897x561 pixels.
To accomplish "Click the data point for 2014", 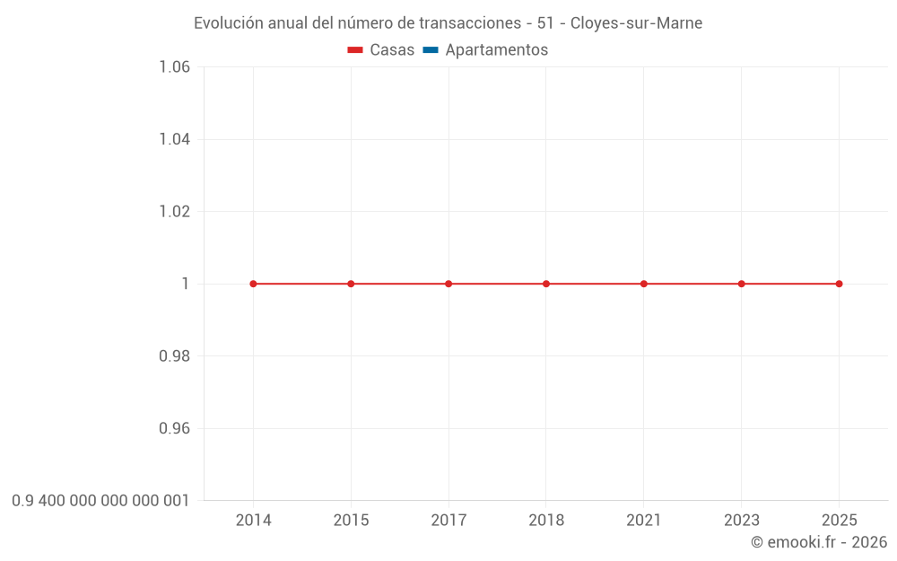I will coord(253,284).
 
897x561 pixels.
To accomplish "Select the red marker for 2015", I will coord(351,284).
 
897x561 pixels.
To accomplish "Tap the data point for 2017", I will coord(448,284).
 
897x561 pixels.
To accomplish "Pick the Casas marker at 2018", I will coord(546,284).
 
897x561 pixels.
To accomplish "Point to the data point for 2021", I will coord(644,284).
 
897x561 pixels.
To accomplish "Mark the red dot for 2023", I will coord(742,284).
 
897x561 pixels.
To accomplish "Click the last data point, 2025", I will coord(839,284).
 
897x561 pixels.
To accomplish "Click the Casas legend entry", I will coord(381,50).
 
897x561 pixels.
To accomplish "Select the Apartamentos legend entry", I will coord(485,50).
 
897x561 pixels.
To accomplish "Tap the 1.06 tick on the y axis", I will coord(174,67).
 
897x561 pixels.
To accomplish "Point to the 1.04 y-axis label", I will coord(174,139).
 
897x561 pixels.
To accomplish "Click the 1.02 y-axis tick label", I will coord(174,212).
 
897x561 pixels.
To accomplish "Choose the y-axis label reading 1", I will coord(186,284).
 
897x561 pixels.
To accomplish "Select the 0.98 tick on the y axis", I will coord(174,356).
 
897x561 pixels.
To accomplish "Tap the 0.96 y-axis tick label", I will coord(174,428).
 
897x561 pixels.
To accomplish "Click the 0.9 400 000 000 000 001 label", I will coord(100,501).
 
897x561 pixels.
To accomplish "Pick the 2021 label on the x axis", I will coord(644,521).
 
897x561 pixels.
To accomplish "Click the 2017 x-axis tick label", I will coord(448,521).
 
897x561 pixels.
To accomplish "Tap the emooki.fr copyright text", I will coord(819,542).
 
